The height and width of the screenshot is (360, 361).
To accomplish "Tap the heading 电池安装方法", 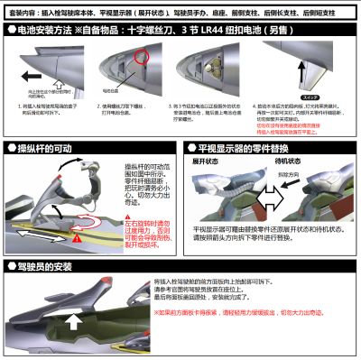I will (51, 30).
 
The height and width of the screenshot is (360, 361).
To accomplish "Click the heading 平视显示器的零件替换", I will (245, 147).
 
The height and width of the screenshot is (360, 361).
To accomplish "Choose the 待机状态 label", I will (301, 162).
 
